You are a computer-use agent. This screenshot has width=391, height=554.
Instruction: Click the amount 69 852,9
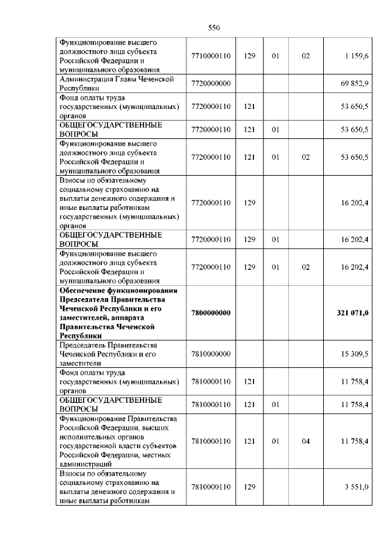tap(354, 83)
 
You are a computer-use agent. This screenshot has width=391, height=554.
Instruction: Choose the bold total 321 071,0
tap(352, 313)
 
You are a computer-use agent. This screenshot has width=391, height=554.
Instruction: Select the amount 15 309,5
tap(354, 354)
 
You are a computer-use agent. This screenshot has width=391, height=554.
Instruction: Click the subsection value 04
tap(305, 441)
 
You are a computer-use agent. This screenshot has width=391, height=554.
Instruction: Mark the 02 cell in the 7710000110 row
tap(305, 56)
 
